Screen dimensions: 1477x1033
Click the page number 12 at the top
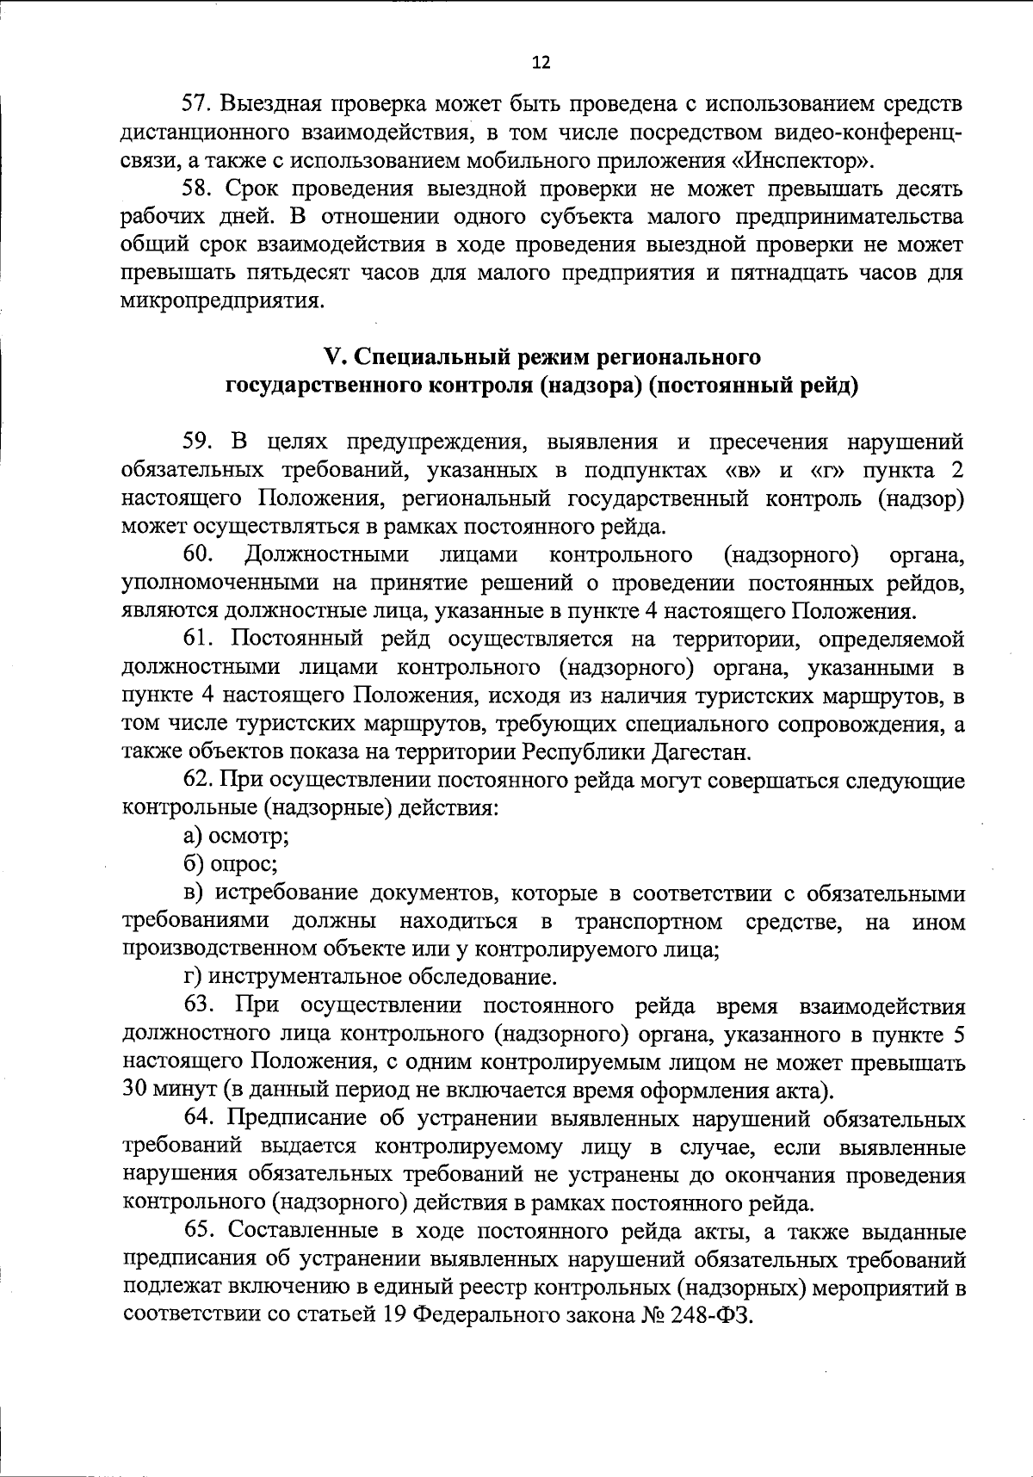[541, 62]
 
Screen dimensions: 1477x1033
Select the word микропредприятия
[222, 301]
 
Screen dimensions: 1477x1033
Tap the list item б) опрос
[229, 864]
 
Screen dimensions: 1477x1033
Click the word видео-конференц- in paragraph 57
[864, 133]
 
